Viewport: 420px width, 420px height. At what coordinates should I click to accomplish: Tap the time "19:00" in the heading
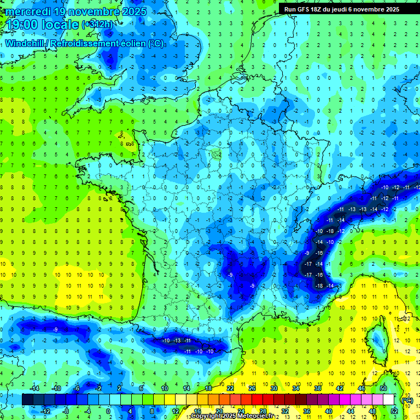click(22, 25)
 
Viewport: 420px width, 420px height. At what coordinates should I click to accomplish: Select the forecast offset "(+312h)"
click(97, 24)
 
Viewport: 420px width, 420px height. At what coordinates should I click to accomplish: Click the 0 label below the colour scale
click(108, 411)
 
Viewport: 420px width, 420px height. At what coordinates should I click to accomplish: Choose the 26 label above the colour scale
click(252, 388)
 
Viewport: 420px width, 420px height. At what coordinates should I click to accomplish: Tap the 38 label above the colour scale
click(318, 388)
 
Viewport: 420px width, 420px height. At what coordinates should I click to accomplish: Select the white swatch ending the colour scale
click(389, 400)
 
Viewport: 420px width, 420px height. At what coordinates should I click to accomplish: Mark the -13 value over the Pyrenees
click(177, 341)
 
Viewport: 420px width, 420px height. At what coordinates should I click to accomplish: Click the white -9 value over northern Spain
click(55, 329)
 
